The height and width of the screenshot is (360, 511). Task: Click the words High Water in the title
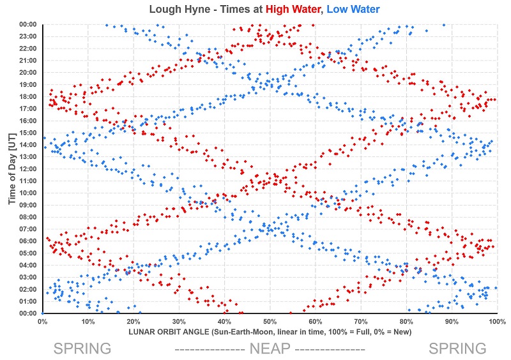pyautogui.click(x=293, y=9)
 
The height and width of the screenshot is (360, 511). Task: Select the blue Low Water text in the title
pyautogui.click(x=353, y=9)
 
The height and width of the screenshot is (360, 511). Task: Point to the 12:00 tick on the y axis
pyautogui.click(x=28, y=169)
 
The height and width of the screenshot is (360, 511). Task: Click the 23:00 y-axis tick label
pyautogui.click(x=28, y=36)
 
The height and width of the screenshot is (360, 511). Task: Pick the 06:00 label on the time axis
pyautogui.click(x=28, y=241)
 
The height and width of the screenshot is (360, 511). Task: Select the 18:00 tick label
pyautogui.click(x=28, y=96)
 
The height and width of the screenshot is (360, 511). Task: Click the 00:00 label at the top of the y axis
pyautogui.click(x=28, y=24)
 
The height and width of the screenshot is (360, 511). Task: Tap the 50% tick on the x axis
pyautogui.click(x=270, y=322)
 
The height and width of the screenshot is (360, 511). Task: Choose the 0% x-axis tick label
pyautogui.click(x=42, y=322)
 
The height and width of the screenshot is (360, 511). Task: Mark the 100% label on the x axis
pyautogui.click(x=498, y=322)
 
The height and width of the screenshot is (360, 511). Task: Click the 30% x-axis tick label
pyautogui.click(x=179, y=322)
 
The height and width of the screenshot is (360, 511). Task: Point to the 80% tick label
pyautogui.click(x=406, y=322)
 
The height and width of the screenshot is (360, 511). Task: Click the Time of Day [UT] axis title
pyautogui.click(x=12, y=169)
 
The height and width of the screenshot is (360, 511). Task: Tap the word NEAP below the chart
pyautogui.click(x=270, y=349)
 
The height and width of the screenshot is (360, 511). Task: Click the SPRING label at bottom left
pyautogui.click(x=82, y=349)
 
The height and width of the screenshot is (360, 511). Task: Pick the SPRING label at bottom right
pyautogui.click(x=457, y=349)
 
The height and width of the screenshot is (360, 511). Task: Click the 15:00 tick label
pyautogui.click(x=28, y=133)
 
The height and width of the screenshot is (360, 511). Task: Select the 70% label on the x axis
pyautogui.click(x=361, y=322)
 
